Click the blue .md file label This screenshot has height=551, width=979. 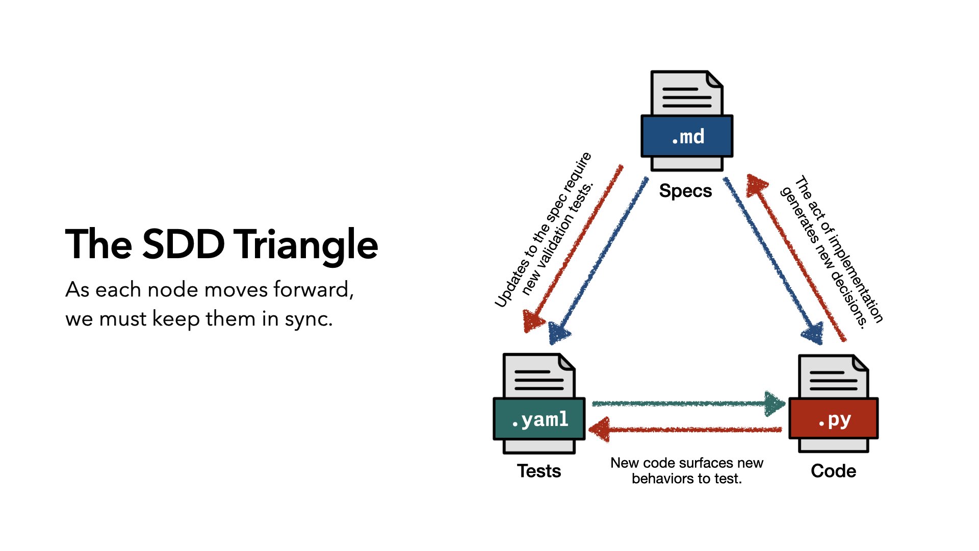(x=687, y=136)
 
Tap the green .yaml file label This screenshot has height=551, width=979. (x=539, y=419)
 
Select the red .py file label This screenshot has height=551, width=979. (x=833, y=419)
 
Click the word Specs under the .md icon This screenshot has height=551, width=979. (x=685, y=191)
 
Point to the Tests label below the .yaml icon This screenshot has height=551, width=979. (x=539, y=471)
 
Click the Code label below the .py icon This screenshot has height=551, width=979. (x=833, y=471)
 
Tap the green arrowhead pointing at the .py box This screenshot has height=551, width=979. (x=775, y=404)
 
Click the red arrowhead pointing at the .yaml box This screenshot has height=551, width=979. (x=600, y=429)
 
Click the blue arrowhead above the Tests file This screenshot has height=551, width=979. (x=559, y=334)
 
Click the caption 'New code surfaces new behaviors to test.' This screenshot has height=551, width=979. (x=686, y=471)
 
